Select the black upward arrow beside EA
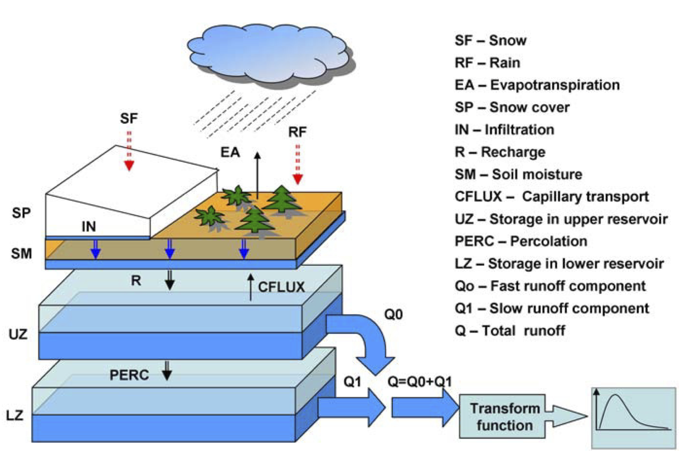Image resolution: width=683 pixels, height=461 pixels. [257, 175]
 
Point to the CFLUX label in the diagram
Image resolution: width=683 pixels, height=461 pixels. [281, 287]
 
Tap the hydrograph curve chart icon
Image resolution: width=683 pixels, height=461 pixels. [633, 418]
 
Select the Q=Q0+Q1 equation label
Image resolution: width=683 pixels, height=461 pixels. [419, 381]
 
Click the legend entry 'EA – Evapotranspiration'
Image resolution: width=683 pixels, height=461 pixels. [537, 85]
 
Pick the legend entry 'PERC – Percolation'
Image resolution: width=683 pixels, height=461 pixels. [521, 241]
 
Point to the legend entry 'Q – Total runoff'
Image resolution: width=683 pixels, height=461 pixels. [510, 331]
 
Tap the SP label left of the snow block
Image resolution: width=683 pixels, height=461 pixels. [21, 213]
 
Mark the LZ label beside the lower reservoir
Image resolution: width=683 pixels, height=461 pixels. [15, 415]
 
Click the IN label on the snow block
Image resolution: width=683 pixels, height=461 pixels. [88, 226]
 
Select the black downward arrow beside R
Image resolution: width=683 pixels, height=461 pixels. [170, 280]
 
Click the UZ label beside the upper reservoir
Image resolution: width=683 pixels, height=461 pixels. [18, 334]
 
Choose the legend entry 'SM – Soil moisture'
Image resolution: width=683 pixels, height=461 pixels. [518, 174]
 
